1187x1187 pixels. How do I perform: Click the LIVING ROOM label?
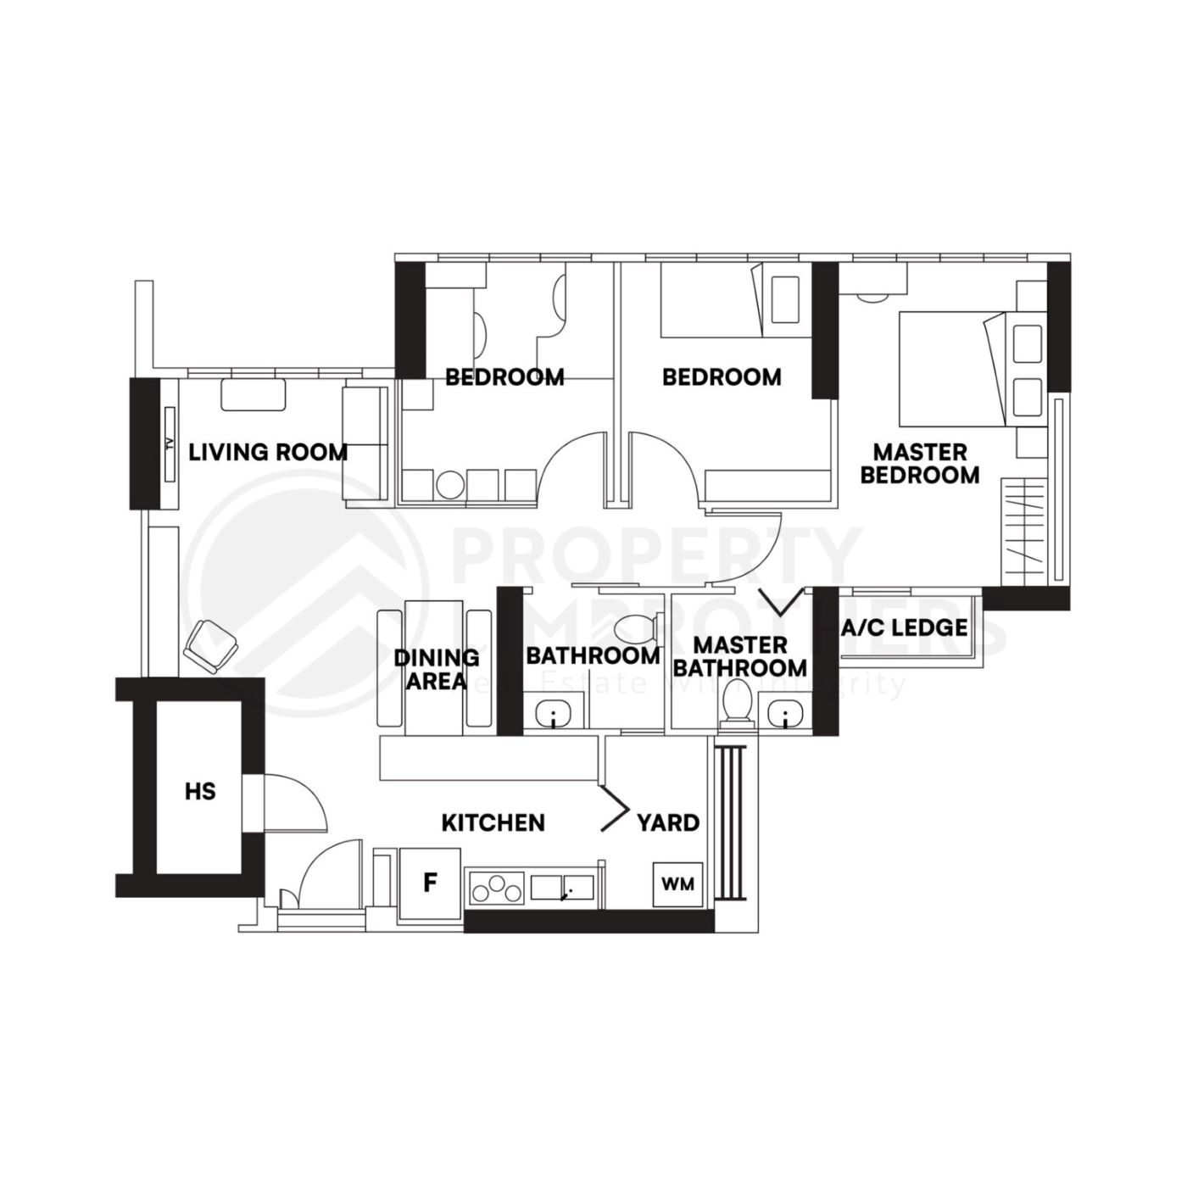click(x=268, y=452)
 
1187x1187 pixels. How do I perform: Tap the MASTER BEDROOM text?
click(x=920, y=463)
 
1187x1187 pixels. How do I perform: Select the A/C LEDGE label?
click(x=904, y=627)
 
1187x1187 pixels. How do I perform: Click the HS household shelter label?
click(x=200, y=792)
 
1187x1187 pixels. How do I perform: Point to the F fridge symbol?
click(x=431, y=883)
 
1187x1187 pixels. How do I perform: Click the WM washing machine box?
click(x=678, y=884)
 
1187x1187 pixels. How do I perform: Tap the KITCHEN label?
click(x=493, y=822)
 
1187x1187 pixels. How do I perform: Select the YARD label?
click(x=668, y=822)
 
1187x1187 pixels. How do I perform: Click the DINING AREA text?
click(x=436, y=669)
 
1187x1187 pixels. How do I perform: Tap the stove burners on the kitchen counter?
click(x=497, y=889)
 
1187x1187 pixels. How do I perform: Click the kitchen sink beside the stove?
click(x=562, y=888)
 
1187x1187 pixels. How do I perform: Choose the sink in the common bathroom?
click(x=554, y=712)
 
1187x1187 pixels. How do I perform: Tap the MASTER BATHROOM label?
click(x=740, y=656)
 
